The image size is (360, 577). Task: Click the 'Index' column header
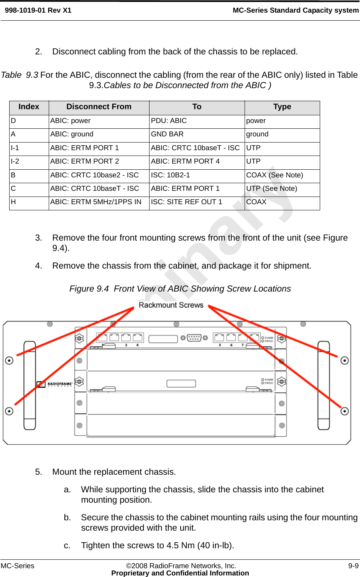click(x=29, y=107)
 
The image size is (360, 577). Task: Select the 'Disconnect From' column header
click(x=99, y=107)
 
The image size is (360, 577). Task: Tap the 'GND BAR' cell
click(x=167, y=134)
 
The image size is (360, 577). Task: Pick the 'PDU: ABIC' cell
click(x=169, y=121)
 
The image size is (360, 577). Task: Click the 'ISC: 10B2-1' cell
click(x=170, y=175)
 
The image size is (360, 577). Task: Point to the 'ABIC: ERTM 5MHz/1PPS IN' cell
click(x=96, y=202)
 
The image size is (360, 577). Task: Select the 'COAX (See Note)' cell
click(x=275, y=175)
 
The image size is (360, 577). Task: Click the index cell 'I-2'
click(x=15, y=161)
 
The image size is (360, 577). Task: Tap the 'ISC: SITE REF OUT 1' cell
click(x=186, y=202)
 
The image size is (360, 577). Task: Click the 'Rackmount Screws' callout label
click(x=171, y=305)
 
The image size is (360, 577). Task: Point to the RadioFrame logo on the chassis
click(x=54, y=384)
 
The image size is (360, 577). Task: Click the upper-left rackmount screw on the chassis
click(x=9, y=361)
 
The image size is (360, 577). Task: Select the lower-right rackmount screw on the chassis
click(x=345, y=411)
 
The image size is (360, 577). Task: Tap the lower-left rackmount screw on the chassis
click(x=9, y=411)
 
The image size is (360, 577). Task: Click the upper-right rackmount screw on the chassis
click(x=345, y=361)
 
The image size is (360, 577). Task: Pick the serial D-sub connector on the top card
click(x=194, y=338)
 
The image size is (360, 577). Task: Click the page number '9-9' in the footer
click(x=353, y=566)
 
